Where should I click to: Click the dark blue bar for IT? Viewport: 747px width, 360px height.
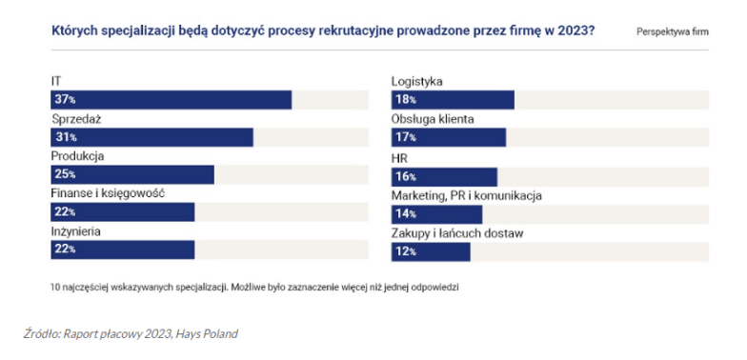coord(172,100)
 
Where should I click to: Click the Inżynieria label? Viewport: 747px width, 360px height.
coord(75,230)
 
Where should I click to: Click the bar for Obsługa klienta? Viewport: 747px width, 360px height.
coord(449,138)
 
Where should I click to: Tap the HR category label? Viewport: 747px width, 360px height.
coord(400,157)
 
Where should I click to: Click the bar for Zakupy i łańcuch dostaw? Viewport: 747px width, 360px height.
coord(432,251)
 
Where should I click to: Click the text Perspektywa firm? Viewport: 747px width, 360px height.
coord(673,31)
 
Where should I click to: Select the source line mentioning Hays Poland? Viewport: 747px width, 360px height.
coord(130,333)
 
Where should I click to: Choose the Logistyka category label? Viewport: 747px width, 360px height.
coord(418,82)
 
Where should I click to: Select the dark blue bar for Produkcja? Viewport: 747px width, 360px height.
coord(132,175)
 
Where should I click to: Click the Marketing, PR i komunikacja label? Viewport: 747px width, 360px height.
coord(467,195)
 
